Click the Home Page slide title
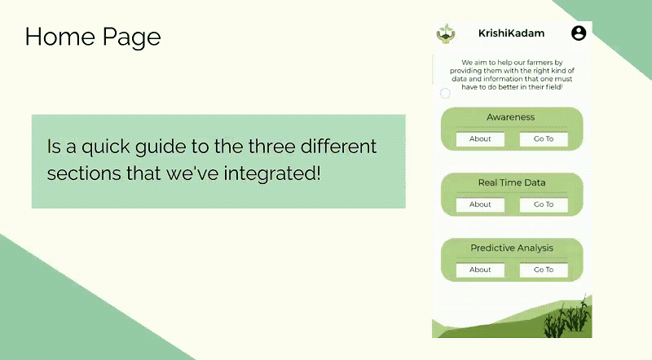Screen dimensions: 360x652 92,37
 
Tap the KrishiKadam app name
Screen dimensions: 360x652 511,33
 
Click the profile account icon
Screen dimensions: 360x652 579,33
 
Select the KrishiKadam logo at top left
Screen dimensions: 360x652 446,33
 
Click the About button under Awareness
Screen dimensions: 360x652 480,139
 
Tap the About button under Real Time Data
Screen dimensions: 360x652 480,204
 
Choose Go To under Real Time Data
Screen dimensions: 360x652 544,204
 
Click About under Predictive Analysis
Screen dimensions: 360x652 480,270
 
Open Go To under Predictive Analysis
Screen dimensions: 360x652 544,270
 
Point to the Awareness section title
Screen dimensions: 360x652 511,117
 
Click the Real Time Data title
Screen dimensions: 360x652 512,182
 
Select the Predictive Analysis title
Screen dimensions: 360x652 512,248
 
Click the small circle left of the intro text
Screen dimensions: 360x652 445,94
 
